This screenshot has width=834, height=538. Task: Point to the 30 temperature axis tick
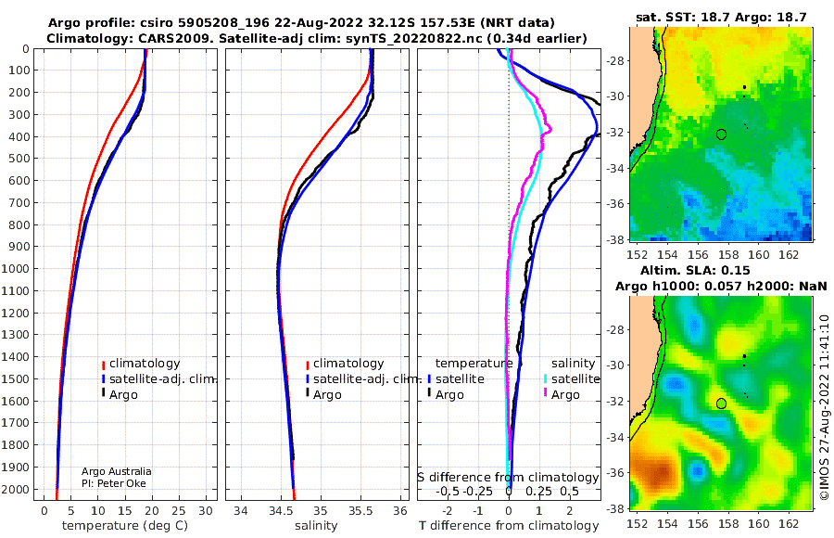click(x=206, y=511)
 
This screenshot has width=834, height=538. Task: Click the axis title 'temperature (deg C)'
click(x=125, y=526)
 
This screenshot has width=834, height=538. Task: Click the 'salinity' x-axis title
click(x=316, y=526)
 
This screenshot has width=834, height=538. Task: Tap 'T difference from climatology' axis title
click(x=509, y=526)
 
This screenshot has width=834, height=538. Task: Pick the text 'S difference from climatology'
click(x=508, y=478)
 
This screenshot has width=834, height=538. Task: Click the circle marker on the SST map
click(x=721, y=134)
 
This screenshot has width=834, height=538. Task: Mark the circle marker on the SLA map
click(x=721, y=403)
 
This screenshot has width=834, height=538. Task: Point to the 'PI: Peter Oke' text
click(x=114, y=483)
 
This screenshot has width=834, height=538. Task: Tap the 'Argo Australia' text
click(x=117, y=471)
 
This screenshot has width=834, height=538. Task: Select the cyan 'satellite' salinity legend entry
click(x=571, y=379)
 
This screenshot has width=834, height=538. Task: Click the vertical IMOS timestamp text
click(x=824, y=407)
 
